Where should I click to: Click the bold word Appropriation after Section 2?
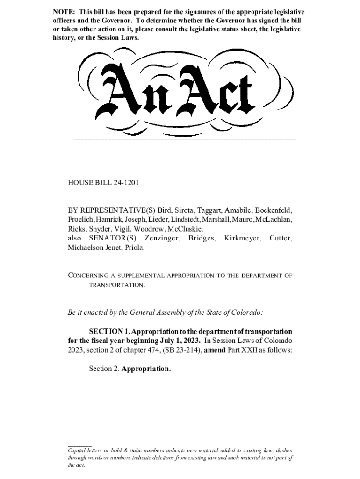pyautogui.click(x=146, y=369)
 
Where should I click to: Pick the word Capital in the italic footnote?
pyautogui.click(x=79, y=450)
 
